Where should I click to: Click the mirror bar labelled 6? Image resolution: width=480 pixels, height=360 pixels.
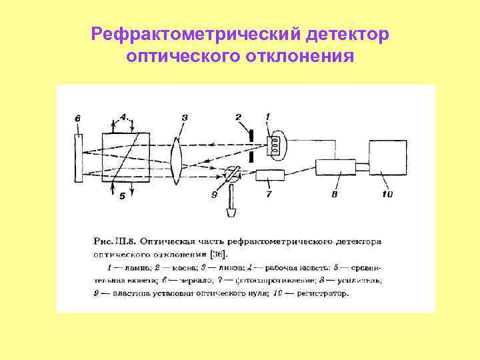[x=79, y=157]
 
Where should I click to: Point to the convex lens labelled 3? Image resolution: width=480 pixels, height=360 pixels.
[x=177, y=159]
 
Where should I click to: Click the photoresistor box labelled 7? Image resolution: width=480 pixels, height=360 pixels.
[x=269, y=177]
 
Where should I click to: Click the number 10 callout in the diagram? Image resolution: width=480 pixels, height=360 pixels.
[x=387, y=195]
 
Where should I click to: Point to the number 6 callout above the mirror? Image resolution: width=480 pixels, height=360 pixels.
[x=78, y=118]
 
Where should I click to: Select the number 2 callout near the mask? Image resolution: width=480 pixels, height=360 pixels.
[x=238, y=117]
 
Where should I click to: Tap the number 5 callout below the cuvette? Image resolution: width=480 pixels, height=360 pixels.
[x=122, y=197]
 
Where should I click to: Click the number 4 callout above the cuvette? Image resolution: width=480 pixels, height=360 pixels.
[x=123, y=116]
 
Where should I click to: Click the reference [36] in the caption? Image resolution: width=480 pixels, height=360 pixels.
[x=217, y=253]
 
